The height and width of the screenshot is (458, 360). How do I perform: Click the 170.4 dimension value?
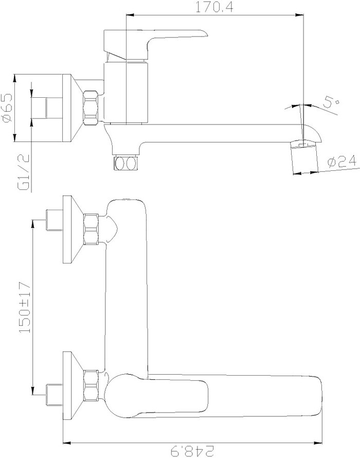click(214, 7)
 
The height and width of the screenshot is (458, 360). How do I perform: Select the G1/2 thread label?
click(24, 172)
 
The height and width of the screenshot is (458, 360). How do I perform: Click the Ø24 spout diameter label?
click(342, 162)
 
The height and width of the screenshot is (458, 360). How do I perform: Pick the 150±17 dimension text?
click(25, 307)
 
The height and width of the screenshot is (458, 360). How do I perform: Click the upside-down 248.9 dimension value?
click(192, 451)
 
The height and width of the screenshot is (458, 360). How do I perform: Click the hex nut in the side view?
click(91, 108)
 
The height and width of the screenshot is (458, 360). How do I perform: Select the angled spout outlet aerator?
click(304, 156)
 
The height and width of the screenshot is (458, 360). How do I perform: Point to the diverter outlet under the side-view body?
click(125, 163)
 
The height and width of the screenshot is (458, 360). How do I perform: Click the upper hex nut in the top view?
click(91, 230)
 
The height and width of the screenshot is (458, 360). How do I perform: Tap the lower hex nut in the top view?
click(91, 385)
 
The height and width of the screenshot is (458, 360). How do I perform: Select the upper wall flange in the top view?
click(73, 230)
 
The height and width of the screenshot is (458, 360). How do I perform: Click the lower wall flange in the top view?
click(73, 385)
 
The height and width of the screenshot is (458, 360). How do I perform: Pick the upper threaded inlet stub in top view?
click(55, 220)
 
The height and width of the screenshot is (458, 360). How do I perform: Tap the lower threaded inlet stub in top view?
click(55, 395)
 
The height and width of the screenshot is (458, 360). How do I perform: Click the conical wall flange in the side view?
click(73, 108)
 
